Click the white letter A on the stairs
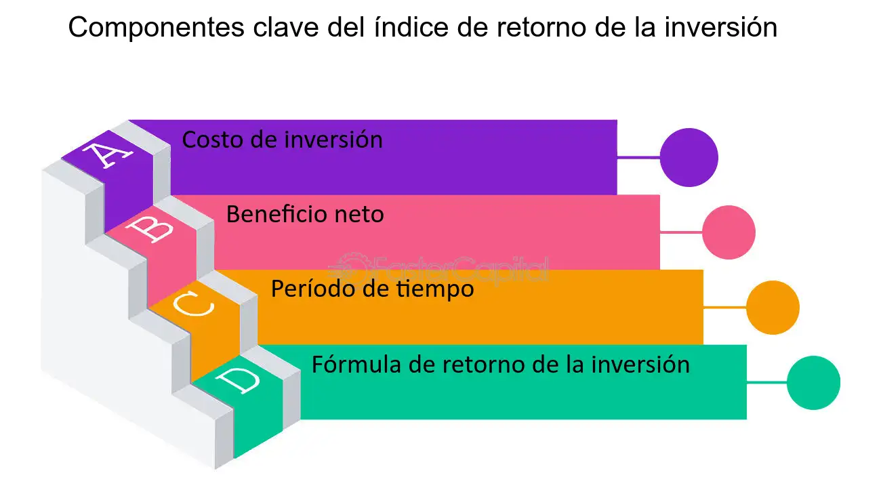pos(106,155)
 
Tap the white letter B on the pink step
pos(150,229)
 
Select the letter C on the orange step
pos(194,304)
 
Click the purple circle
pos(689,157)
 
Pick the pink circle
pos(729,232)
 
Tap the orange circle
pos(773,308)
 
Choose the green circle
pos(814,383)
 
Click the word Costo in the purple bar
pos(211,140)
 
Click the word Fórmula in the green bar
pos(356,364)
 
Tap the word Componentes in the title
pos(156,28)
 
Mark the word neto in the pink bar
pos(359,215)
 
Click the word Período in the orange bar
pos(313,289)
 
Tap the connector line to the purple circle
pos(638,157)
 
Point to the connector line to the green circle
pos(767,382)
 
